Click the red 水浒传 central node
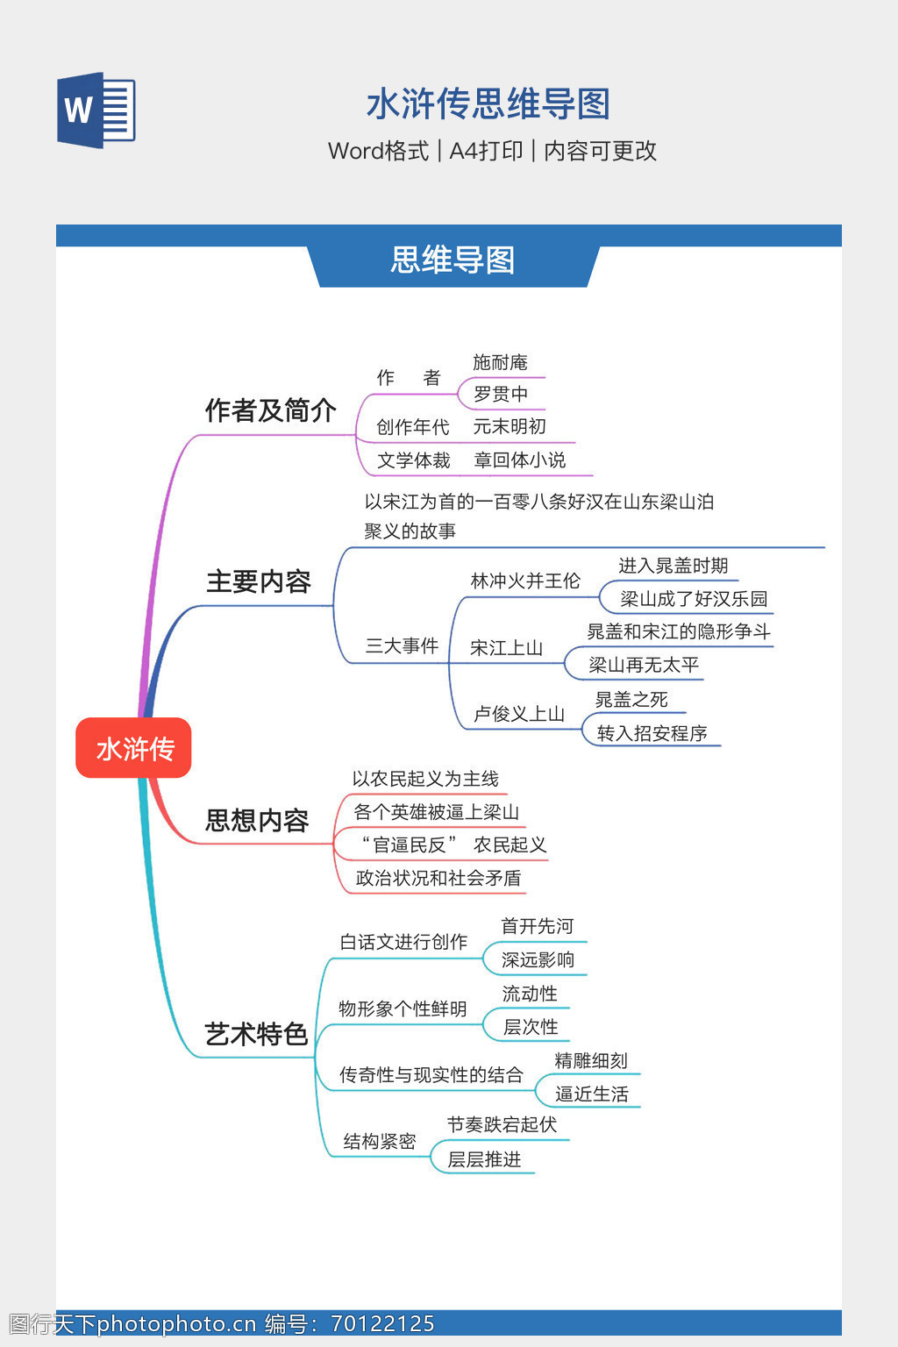pos(133,748)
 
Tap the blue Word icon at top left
pos(96,110)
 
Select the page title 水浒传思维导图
pos(488,103)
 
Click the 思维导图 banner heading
pos(453,260)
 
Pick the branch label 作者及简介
pos(270,410)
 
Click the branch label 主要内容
pos(259,581)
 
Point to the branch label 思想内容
pos(257,820)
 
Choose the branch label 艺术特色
pos(256,1034)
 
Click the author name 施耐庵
pos(500,362)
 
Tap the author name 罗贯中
pos(501,395)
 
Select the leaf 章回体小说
pos(520,460)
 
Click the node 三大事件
pos(402,646)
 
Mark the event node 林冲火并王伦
pos(525,581)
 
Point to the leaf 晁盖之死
pos(631,699)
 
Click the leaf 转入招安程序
pos(652,733)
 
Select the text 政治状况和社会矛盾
pos(438,878)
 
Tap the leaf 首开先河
pos(537,926)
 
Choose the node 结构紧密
pos(379,1141)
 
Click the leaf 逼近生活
pos(592,1094)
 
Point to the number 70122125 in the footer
pos(382,1324)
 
